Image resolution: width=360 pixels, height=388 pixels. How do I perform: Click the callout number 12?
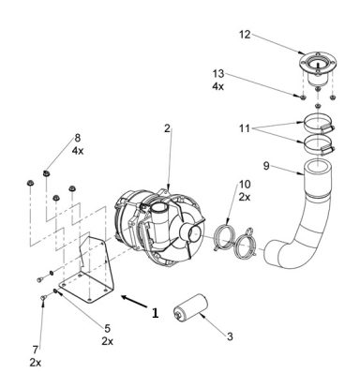[x=245, y=35]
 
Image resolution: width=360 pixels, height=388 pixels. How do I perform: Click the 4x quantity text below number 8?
[x=78, y=151]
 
